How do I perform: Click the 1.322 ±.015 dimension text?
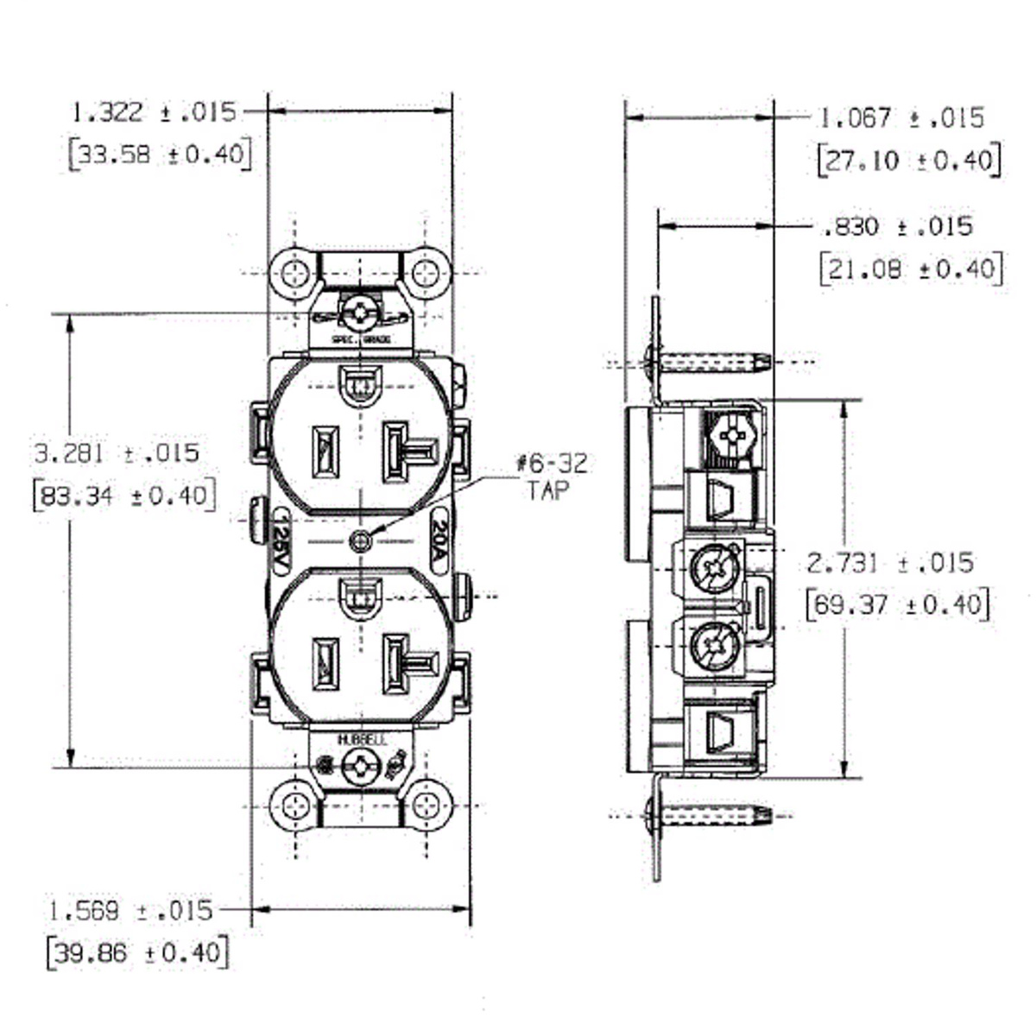click(x=153, y=111)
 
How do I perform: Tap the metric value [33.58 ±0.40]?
click(x=161, y=155)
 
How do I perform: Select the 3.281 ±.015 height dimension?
click(x=117, y=452)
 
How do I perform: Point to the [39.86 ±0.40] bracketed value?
click(x=138, y=953)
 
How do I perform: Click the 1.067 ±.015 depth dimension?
click(x=901, y=117)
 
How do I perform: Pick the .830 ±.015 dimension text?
click(x=897, y=226)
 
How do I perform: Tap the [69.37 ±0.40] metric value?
click(x=897, y=603)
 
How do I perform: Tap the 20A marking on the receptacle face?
click(x=438, y=540)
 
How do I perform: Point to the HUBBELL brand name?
click(x=362, y=741)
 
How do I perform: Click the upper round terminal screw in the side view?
click(x=716, y=568)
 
